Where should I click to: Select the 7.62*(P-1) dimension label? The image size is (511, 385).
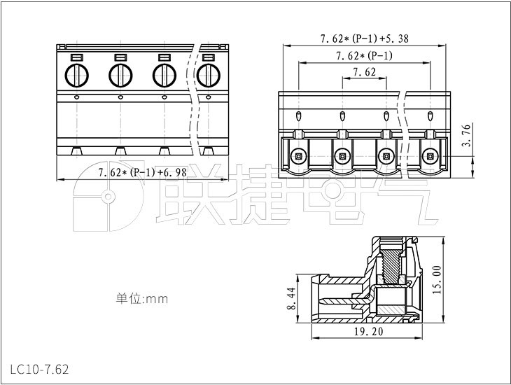(364, 55)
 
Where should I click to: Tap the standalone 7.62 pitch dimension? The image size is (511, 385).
(364, 72)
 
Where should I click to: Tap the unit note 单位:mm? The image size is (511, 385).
(142, 299)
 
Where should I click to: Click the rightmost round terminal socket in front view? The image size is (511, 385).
(429, 155)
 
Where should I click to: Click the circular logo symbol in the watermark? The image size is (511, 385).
(106, 200)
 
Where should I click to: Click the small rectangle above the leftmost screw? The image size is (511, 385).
(76, 57)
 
